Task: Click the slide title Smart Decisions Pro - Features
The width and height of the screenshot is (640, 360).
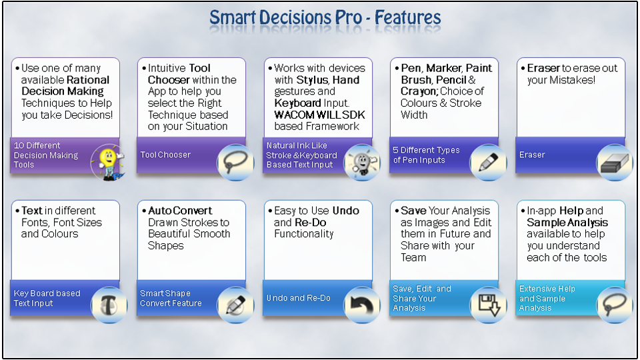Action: [325, 17]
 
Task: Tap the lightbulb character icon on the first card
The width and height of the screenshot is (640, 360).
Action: [107, 162]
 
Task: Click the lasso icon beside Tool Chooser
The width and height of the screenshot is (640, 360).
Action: [235, 162]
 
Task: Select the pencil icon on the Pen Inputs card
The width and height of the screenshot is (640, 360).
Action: [488, 162]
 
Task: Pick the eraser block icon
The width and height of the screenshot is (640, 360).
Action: [614, 162]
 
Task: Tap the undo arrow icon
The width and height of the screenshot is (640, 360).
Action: [362, 305]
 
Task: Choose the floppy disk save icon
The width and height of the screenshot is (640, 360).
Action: [488, 305]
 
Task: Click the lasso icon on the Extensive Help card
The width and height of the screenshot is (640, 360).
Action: [614, 305]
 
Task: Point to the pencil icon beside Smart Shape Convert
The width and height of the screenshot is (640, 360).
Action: [235, 305]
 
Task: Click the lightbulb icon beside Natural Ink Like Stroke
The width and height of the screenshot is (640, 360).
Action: [361, 162]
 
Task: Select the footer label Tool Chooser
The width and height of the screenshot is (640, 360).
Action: [165, 155]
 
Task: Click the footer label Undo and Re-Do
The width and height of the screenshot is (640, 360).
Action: [299, 298]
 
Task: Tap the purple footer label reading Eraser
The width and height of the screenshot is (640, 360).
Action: [532, 155]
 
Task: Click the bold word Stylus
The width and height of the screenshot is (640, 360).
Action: [311, 80]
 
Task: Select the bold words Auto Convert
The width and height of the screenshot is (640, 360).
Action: [180, 211]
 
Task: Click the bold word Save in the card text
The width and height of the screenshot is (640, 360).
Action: [413, 211]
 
